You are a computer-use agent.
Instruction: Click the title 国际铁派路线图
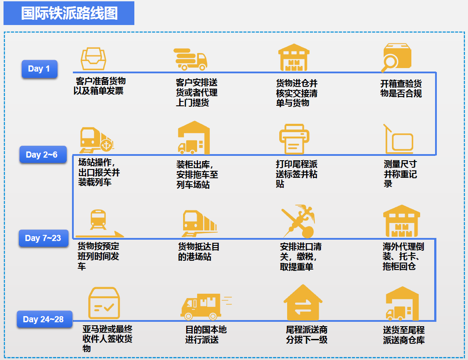coord(69,13)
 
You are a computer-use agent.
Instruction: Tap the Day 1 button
coord(39,69)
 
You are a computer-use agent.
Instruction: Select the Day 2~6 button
coord(42,155)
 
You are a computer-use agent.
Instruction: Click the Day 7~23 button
coord(43,238)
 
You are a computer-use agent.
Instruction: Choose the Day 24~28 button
coord(44,319)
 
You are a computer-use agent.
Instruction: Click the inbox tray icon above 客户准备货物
coord(94,58)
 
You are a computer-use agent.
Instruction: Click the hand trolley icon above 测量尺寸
coord(398,139)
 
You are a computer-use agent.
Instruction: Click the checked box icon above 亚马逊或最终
coord(104,303)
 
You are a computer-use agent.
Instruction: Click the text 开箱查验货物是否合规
coord(401,88)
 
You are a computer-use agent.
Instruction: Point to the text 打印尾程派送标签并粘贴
coord(296,174)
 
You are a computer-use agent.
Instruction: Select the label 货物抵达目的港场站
coord(198,252)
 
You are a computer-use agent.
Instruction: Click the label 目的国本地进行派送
coord(206,335)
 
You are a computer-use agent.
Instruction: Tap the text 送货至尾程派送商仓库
coord(403,335)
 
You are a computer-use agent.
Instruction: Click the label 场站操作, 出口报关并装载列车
coord(99,173)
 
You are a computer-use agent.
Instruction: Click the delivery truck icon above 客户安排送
coord(191,59)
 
